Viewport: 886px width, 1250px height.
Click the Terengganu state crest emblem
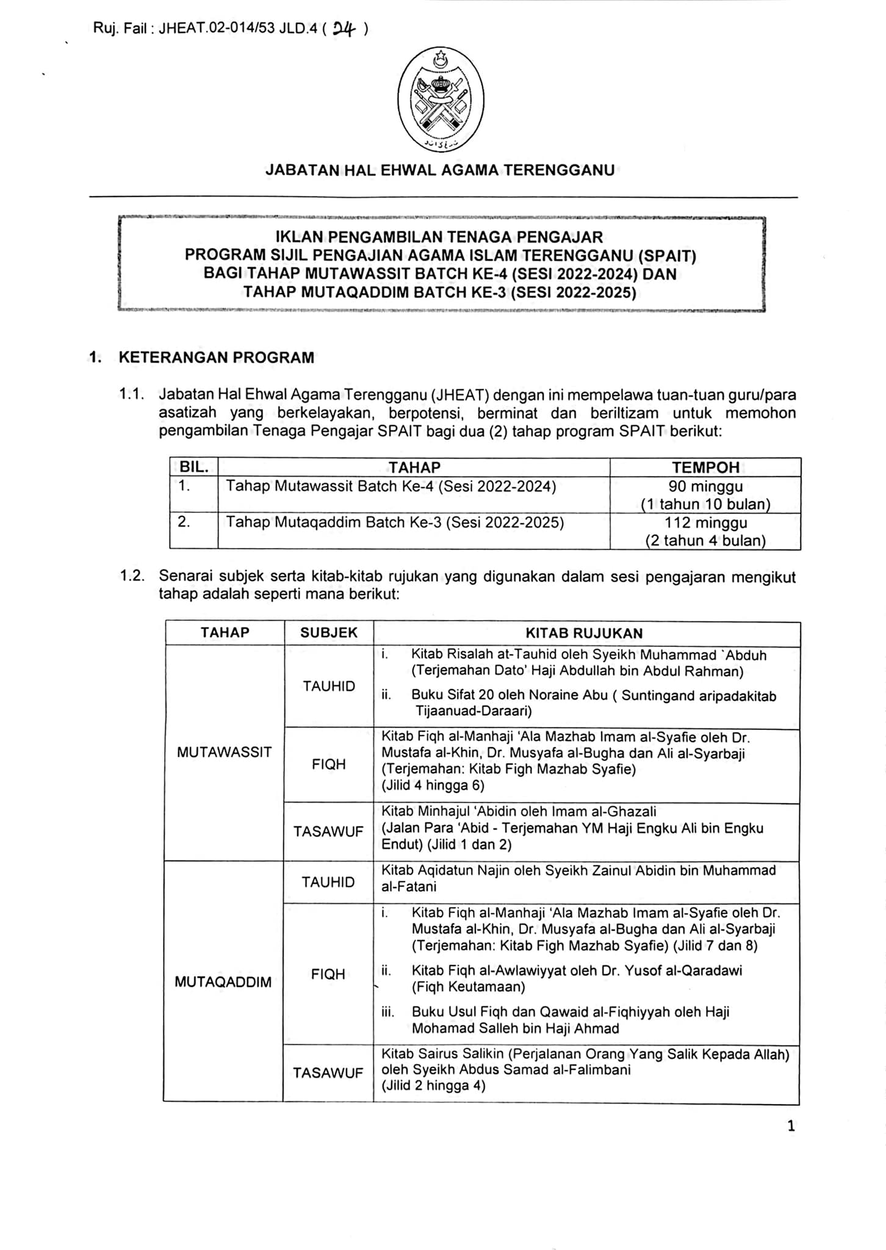coord(441,99)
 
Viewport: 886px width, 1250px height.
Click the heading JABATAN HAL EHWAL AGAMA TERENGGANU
coord(440,170)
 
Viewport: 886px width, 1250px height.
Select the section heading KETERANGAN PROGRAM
coord(217,358)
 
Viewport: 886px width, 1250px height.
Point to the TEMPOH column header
coord(705,468)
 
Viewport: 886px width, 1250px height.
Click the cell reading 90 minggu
coord(705,486)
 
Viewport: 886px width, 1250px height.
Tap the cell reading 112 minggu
coord(705,522)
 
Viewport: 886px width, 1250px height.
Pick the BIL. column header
coord(194,468)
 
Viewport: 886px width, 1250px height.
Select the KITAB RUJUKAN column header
coord(584,634)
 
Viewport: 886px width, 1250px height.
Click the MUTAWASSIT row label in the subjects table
coord(224,753)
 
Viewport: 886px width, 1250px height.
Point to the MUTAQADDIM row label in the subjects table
coord(223,982)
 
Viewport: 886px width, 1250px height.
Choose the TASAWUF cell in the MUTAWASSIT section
coord(328,831)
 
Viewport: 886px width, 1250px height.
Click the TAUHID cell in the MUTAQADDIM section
coord(328,882)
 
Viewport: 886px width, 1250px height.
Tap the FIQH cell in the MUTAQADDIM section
coord(328,974)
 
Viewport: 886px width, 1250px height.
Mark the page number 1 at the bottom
coord(791,1126)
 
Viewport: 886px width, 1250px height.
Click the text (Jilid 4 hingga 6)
coord(433,786)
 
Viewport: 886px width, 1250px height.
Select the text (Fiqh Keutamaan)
coord(468,987)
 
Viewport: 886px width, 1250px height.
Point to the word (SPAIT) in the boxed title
coord(667,255)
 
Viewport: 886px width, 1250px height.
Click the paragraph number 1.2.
coord(132,576)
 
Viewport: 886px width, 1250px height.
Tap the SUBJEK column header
coord(328,633)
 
